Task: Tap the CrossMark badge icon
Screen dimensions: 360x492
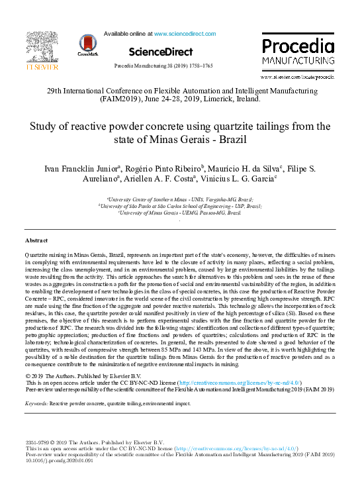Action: (x=87, y=44)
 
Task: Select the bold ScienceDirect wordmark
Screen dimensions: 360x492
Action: (x=161, y=52)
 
